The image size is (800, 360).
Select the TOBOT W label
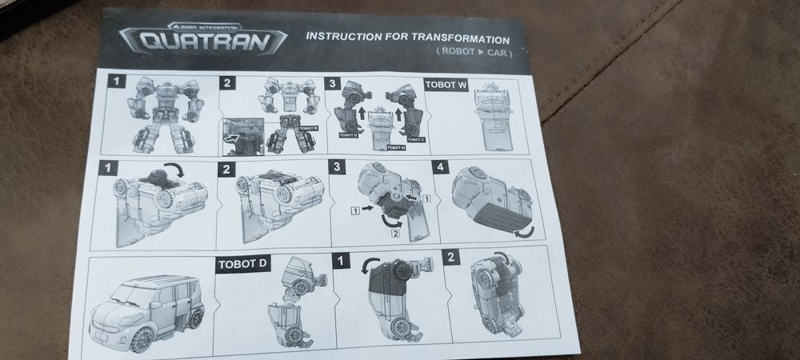[443, 84]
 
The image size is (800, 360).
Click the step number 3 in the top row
[334, 82]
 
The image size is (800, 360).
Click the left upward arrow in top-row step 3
[362, 114]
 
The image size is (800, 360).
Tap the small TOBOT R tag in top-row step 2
[308, 127]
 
